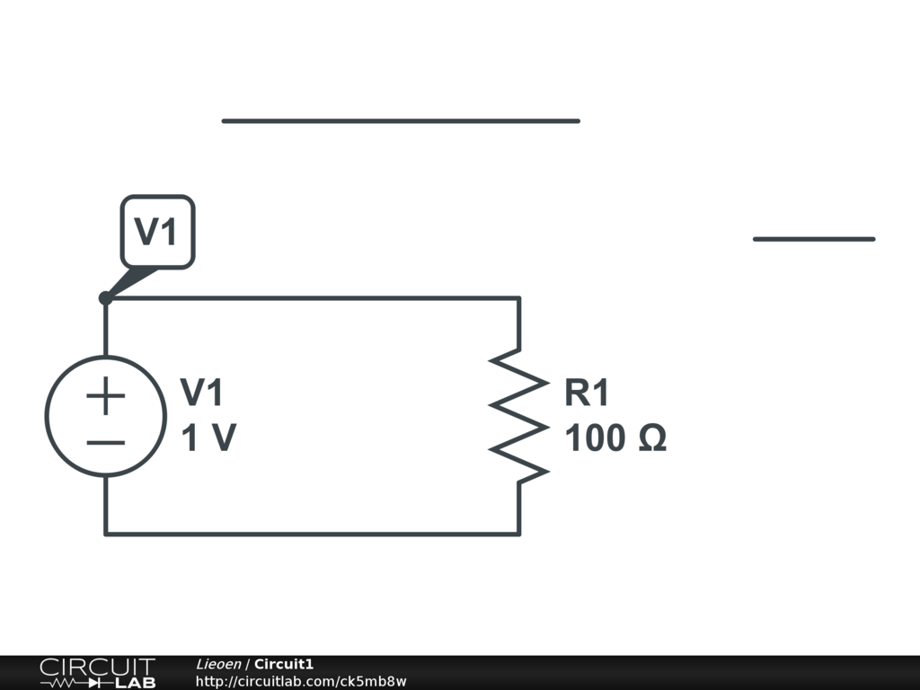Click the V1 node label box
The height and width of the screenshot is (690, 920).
pyautogui.click(x=157, y=232)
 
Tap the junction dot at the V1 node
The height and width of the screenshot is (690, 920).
pyautogui.click(x=105, y=298)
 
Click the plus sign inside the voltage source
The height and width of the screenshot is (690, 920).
pyautogui.click(x=106, y=395)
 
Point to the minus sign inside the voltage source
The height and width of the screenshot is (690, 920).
pyautogui.click(x=106, y=442)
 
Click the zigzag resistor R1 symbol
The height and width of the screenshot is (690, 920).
pyautogui.click(x=518, y=415)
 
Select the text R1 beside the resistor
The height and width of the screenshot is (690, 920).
pyautogui.click(x=587, y=393)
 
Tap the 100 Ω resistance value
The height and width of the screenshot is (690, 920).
pyautogui.click(x=615, y=439)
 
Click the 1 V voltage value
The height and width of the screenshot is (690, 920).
pyautogui.click(x=208, y=439)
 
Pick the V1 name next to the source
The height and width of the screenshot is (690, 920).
pyautogui.click(x=202, y=393)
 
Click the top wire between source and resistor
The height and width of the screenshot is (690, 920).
pyautogui.click(x=314, y=298)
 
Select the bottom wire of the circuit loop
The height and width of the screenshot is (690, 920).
pyautogui.click(x=314, y=535)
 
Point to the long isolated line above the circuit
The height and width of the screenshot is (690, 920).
pyautogui.click(x=401, y=120)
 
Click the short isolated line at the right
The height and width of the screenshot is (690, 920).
pyautogui.click(x=814, y=239)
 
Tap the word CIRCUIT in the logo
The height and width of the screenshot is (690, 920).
pyautogui.click(x=97, y=667)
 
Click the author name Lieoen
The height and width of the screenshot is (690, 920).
pyautogui.click(x=218, y=664)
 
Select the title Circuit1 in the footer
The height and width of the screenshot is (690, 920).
pyautogui.click(x=284, y=664)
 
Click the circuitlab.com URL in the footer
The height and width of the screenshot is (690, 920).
pyautogui.click(x=301, y=681)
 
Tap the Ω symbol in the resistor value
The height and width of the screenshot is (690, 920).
pyautogui.click(x=652, y=439)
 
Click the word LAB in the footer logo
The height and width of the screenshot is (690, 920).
pyautogui.click(x=136, y=683)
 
